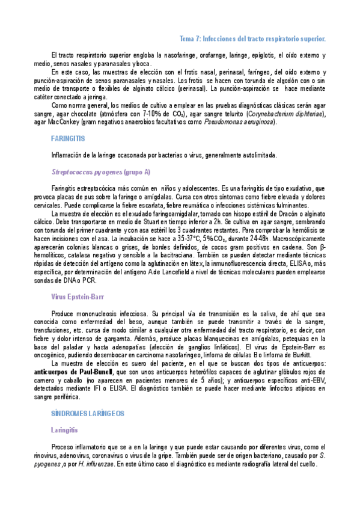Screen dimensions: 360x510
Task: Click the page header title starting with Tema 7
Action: click(252, 38)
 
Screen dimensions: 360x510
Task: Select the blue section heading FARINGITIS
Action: click(67, 138)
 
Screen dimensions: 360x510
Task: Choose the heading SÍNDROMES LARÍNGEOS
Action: click(88, 413)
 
